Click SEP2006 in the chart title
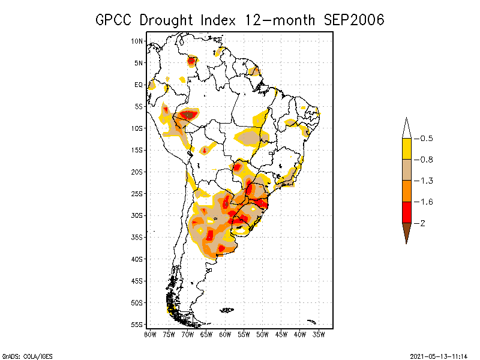click(x=353, y=20)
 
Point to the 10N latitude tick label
click(x=137, y=41)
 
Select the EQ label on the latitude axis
click(x=139, y=85)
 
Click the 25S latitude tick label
click(x=137, y=193)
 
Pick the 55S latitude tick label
click(x=137, y=324)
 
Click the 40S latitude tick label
click(x=137, y=259)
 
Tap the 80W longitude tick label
click(x=150, y=334)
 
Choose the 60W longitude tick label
click(x=225, y=334)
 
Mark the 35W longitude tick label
click(x=319, y=334)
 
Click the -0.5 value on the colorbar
click(x=426, y=139)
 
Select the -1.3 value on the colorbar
click(x=426, y=181)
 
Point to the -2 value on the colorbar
click(x=423, y=223)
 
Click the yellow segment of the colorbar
click(x=406, y=149)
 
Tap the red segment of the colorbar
click(x=406, y=212)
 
